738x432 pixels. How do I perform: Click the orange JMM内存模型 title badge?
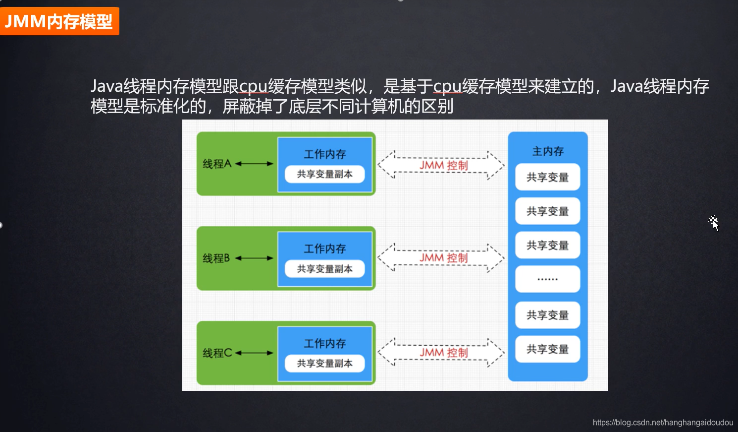coord(59,21)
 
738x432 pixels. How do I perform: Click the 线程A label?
coord(217,164)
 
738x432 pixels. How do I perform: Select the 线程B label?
coord(216,258)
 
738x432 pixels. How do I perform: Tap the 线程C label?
coord(217,353)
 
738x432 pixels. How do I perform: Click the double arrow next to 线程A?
coord(254,164)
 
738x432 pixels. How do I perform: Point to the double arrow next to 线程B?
coord(254,258)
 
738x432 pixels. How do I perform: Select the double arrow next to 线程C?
coord(254,353)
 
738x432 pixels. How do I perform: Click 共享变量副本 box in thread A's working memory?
coord(324,174)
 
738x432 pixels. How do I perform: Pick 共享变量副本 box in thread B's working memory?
coord(324,269)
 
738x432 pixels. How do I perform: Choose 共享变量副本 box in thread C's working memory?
coord(324,364)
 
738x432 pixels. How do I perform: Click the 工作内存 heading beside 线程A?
coord(324,154)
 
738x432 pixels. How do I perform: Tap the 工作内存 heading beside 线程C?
coord(324,343)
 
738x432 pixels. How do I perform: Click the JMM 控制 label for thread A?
coord(443,165)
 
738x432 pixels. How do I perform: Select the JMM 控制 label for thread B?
coord(443,258)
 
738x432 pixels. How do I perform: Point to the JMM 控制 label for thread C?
coord(443,353)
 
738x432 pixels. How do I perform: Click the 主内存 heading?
coord(548,151)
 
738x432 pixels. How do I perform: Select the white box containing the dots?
coord(547,279)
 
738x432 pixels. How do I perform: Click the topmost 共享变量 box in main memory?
coord(547,177)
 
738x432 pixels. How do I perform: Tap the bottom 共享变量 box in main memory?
coord(547,349)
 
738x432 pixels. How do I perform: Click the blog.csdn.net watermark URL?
coord(663,423)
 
